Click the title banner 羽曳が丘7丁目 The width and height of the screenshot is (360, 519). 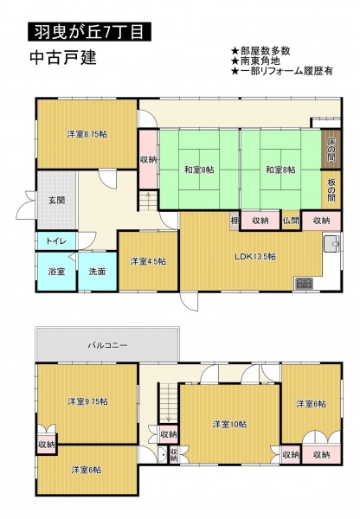89,32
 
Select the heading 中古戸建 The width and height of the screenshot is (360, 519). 63,58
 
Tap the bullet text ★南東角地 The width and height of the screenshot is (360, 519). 255,61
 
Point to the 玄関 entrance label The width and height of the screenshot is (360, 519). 56,201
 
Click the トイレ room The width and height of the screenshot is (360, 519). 56,241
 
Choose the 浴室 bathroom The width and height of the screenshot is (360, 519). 56,272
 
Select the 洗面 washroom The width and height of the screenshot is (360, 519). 98,272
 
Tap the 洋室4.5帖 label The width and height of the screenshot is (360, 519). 148,261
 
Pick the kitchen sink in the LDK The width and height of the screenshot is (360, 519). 331,244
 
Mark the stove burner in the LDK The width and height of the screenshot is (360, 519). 304,284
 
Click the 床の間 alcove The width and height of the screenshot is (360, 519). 331,150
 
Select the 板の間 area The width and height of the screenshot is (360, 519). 331,190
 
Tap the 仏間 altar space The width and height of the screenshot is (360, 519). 291,221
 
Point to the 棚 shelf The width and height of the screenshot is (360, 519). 235,221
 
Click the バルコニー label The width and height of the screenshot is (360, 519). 107,345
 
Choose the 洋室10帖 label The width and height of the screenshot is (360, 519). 229,424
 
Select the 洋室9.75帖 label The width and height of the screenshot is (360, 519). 87,401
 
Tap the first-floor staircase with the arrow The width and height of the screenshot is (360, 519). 148,201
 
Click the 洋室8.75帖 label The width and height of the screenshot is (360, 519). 87,134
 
